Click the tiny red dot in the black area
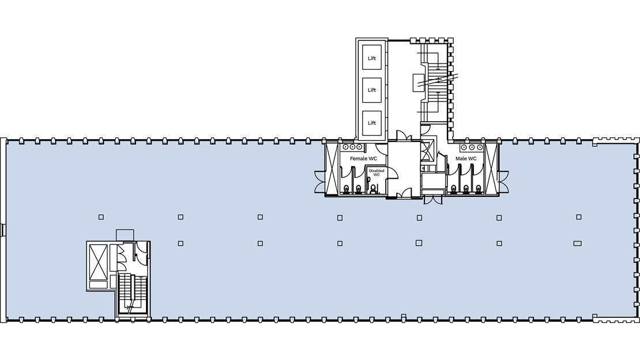point(358,40)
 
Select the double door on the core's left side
point(319,182)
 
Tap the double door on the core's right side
point(503,182)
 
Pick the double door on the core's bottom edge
point(433,200)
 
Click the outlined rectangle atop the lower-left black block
point(125,235)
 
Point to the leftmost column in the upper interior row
point(101,217)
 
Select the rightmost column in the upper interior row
point(579,217)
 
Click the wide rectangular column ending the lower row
point(577,243)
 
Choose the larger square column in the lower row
point(419,243)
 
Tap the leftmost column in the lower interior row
point(180,243)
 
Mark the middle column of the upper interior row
point(340,217)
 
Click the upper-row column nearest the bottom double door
point(419,217)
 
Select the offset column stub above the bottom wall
point(404,316)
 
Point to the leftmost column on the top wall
point(21,142)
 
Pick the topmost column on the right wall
point(636,156)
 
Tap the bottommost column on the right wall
point(636,304)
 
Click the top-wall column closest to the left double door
point(308,142)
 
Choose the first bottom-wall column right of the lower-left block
point(165,319)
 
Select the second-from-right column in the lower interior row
point(499,243)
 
